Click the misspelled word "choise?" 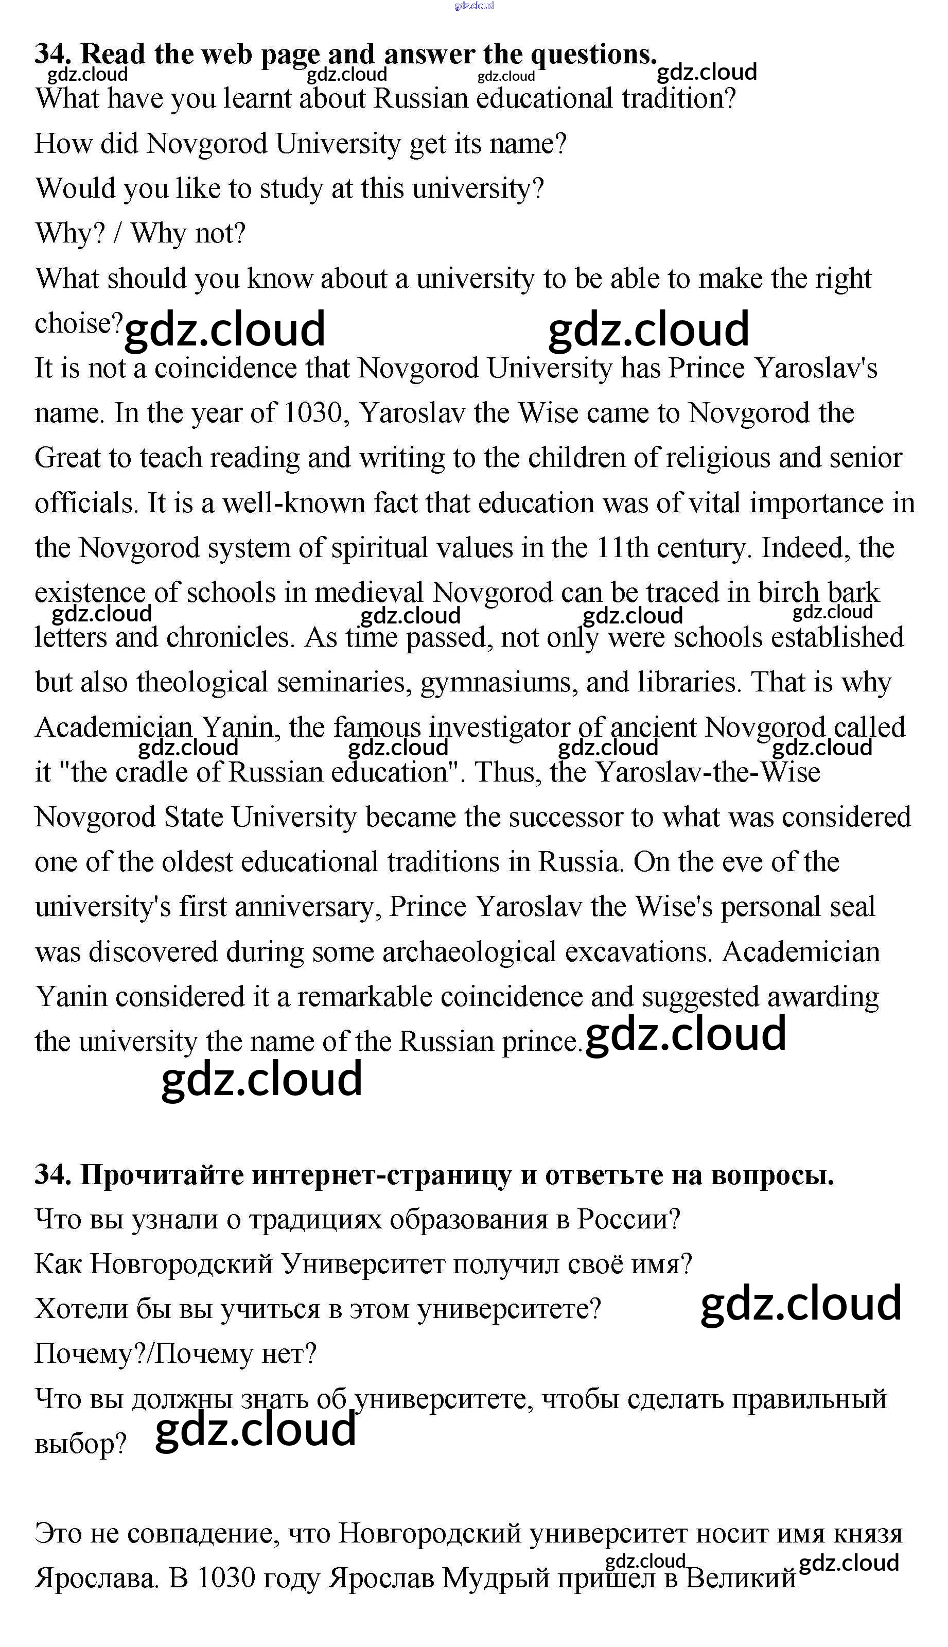tap(78, 324)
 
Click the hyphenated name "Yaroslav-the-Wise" tap(708, 773)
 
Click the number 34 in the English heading tap(52, 55)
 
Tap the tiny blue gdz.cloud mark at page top tap(474, 6)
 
